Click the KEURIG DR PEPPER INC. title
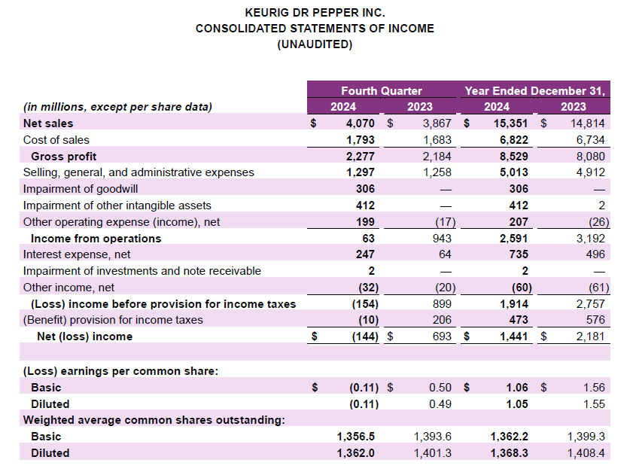(x=315, y=13)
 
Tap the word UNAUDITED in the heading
(x=315, y=44)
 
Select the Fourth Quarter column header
(x=382, y=90)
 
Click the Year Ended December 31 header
(x=534, y=90)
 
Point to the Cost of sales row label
(x=56, y=140)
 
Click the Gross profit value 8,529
(x=513, y=156)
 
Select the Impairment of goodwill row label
(x=81, y=189)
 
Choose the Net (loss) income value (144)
(x=364, y=336)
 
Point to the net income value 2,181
(x=591, y=336)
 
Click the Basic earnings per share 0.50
(x=440, y=388)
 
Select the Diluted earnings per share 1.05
(x=516, y=404)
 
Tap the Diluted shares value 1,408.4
(x=587, y=453)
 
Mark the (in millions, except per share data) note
(x=118, y=107)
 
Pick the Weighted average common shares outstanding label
(x=154, y=420)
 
